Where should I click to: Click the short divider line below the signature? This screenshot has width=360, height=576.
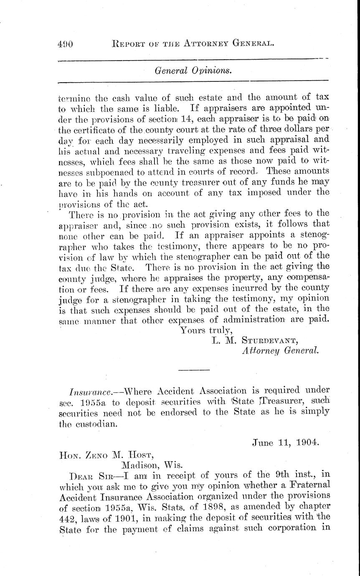193,369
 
